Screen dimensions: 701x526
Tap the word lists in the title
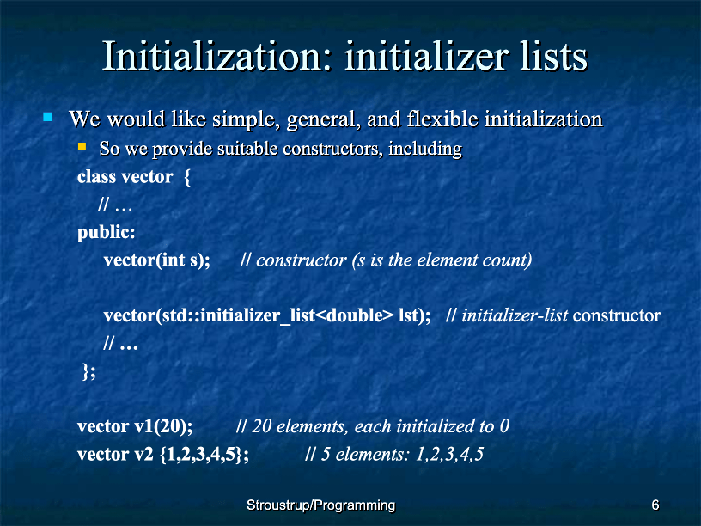tap(553, 56)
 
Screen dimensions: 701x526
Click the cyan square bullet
tap(48, 117)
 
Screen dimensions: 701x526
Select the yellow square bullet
tap(82, 147)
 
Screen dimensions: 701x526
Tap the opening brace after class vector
tap(187, 178)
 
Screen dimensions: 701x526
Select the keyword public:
tap(106, 233)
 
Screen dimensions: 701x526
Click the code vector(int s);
tap(157, 260)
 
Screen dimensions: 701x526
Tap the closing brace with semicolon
tap(89, 371)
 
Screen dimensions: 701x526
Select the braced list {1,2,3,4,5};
tap(204, 455)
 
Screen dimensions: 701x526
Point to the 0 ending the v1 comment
tap(505, 426)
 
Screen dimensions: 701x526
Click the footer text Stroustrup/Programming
tap(321, 505)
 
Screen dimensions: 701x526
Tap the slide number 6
tap(655, 505)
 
